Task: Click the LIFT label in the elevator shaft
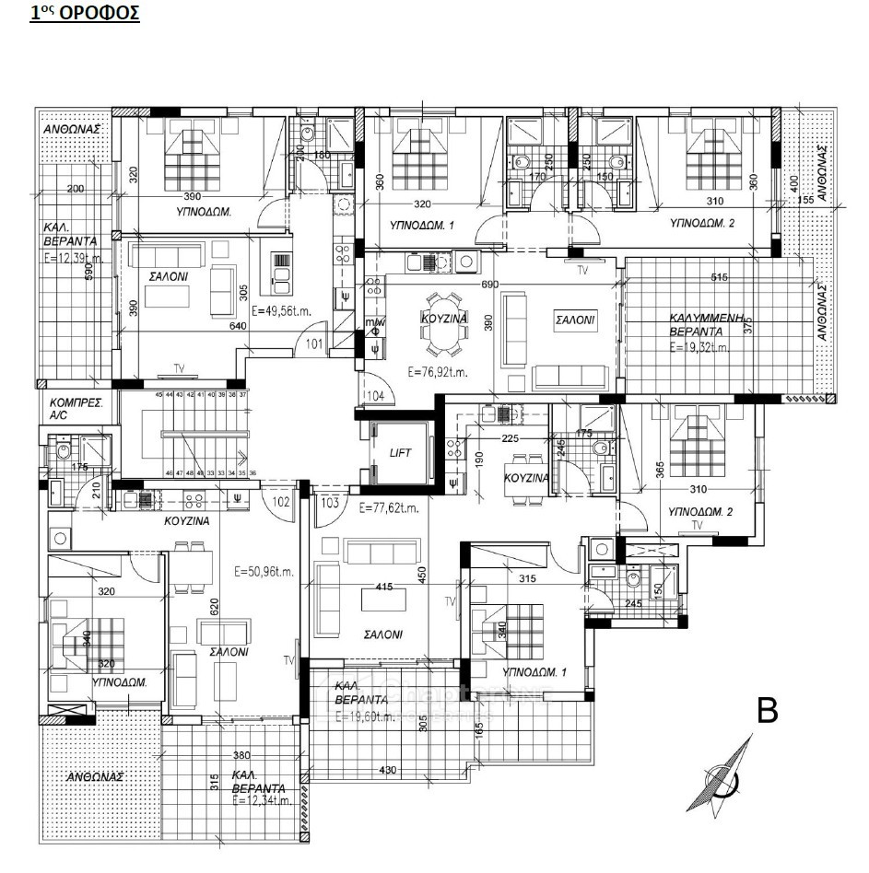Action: tap(399, 452)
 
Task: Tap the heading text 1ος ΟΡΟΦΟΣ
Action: tap(85, 15)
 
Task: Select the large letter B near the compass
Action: tap(768, 712)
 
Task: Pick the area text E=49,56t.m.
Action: tap(281, 310)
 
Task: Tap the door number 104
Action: tap(374, 396)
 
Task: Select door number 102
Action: tap(280, 503)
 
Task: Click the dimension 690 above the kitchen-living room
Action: tap(489, 285)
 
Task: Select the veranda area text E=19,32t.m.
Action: tap(699, 348)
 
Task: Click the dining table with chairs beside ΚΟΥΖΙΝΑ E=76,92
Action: tap(444, 323)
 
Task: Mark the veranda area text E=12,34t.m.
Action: tap(260, 800)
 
